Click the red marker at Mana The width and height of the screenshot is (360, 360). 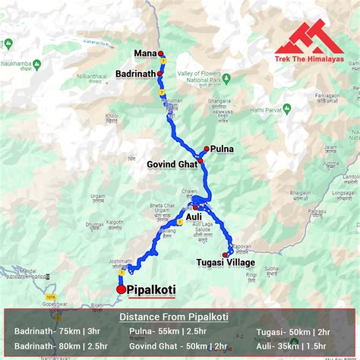(x=160, y=53)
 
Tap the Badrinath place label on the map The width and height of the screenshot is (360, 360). (x=135, y=73)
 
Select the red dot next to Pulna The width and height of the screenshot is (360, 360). (x=207, y=149)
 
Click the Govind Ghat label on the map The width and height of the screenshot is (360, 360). (x=172, y=163)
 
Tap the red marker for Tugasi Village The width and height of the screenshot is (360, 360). (x=226, y=254)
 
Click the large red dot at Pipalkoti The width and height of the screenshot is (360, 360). (x=121, y=289)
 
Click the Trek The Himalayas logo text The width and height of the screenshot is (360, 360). (x=310, y=58)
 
